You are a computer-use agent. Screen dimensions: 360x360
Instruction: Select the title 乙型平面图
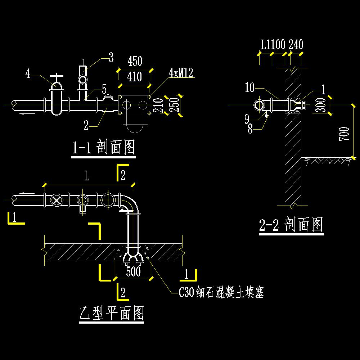click(x=112, y=313)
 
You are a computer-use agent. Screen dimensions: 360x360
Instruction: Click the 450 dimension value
click(x=135, y=61)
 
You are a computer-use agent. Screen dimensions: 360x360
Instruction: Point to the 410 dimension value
click(x=135, y=77)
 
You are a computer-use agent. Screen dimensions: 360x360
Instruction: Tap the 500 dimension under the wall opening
click(x=133, y=271)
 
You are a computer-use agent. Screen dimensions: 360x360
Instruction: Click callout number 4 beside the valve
click(x=28, y=74)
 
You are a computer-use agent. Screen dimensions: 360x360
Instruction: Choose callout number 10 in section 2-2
click(x=249, y=87)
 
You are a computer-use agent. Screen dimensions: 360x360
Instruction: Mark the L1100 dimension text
click(x=273, y=45)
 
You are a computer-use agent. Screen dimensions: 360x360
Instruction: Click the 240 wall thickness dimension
click(x=296, y=45)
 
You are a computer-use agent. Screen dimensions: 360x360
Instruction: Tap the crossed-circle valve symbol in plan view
click(x=57, y=200)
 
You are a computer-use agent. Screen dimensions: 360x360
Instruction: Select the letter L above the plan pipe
click(x=87, y=176)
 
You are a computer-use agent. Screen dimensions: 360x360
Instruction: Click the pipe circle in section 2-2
click(x=260, y=105)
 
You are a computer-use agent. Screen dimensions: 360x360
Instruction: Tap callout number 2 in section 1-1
click(x=86, y=125)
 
